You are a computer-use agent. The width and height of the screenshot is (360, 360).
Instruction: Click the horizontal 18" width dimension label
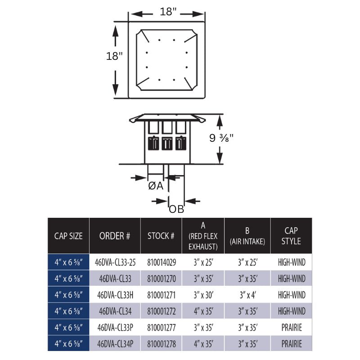coord(168,12)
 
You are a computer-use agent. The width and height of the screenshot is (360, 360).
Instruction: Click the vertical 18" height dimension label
coord(114,56)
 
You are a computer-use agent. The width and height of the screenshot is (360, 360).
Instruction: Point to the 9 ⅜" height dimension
coord(221,138)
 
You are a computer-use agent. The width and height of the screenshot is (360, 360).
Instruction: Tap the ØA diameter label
coord(156,186)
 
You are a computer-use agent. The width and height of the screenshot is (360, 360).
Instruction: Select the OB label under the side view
coord(176,209)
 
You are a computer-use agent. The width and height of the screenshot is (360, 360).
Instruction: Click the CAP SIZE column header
coord(68,236)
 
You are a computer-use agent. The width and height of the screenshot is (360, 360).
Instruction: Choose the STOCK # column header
coord(161,236)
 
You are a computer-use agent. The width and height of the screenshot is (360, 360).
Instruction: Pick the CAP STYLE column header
coord(291,236)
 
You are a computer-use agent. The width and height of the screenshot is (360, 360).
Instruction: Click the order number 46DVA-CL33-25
coord(115,262)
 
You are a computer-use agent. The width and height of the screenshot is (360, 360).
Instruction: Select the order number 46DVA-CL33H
coord(115,295)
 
